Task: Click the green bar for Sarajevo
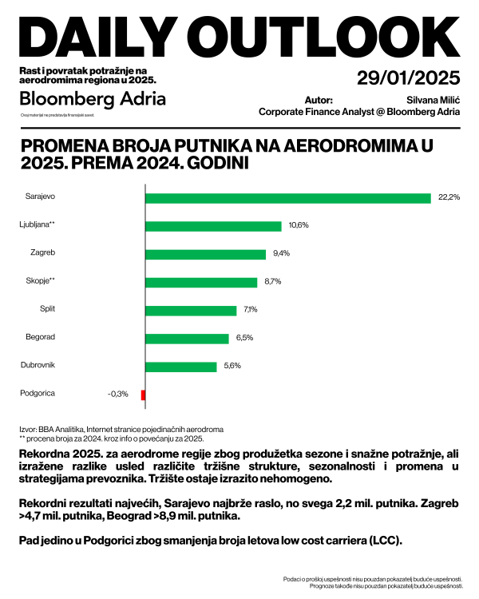287,197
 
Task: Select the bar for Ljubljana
213,226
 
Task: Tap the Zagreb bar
205,254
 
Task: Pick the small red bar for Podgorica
143,395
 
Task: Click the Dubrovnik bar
181,367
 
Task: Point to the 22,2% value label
449,197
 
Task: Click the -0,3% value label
117,395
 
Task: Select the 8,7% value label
272,282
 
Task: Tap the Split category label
47,308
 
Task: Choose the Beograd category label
42,336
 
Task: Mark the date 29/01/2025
408,78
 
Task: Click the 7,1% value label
250,310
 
